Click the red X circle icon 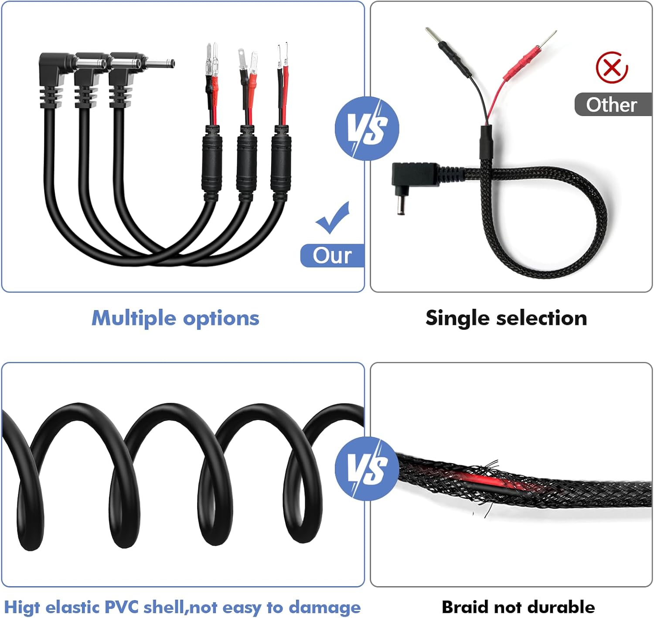(x=612, y=68)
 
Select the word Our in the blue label (x=332, y=256)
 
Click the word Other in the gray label (x=611, y=105)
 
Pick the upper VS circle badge (x=367, y=129)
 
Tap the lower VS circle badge (x=367, y=468)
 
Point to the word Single (x=457, y=319)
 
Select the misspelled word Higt (x=22, y=607)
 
